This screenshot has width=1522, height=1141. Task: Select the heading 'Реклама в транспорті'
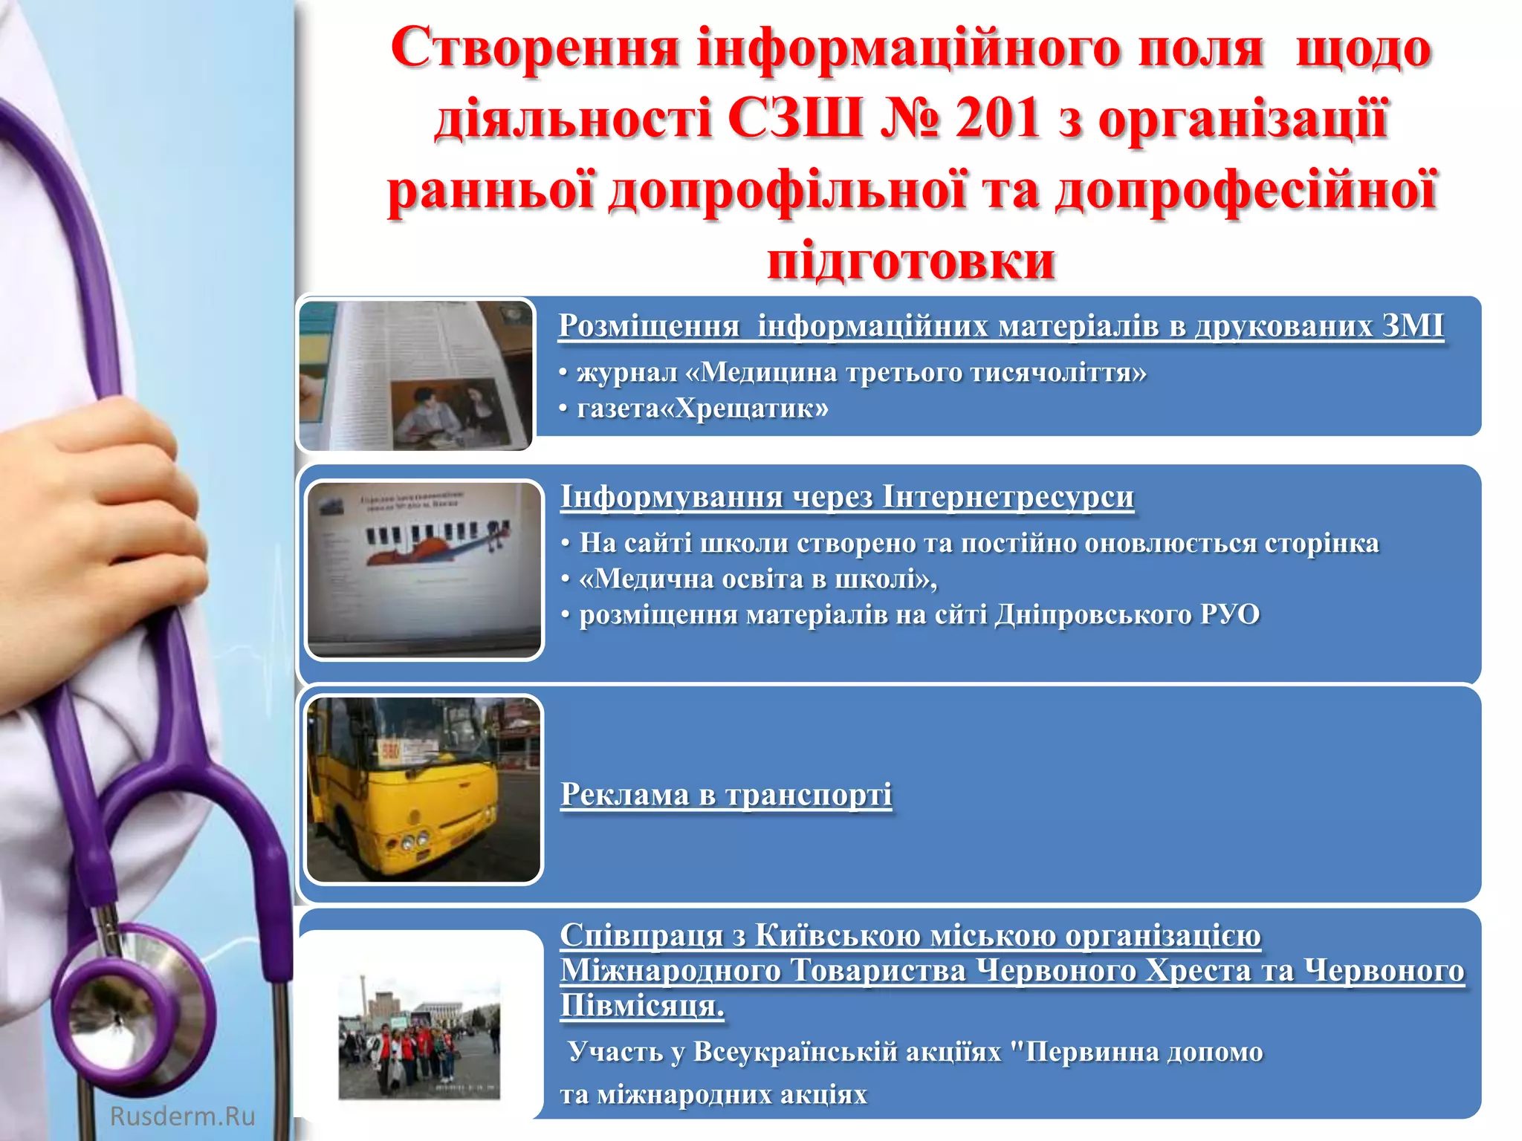click(x=726, y=794)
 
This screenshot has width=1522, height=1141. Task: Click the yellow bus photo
click(x=424, y=789)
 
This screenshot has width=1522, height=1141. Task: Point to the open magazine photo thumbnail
click(x=416, y=375)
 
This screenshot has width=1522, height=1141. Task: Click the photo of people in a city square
click(x=420, y=1036)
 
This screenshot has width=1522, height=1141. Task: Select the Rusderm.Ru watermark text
click(x=182, y=1116)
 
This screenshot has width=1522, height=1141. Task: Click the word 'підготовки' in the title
click(x=911, y=260)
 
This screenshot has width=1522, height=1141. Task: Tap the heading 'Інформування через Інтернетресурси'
click(x=847, y=497)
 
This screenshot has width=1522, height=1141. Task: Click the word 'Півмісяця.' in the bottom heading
click(x=642, y=1006)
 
